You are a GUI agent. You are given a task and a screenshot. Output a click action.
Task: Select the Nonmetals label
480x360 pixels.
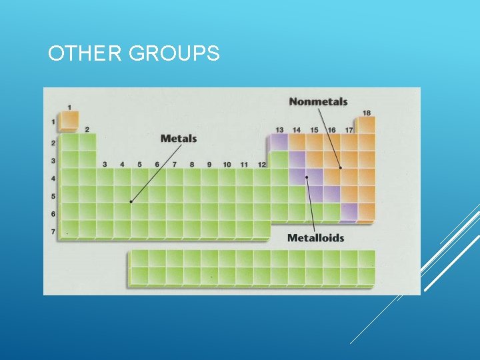pyautogui.click(x=318, y=102)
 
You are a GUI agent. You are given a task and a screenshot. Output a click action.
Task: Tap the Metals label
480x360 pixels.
pyautogui.click(x=179, y=139)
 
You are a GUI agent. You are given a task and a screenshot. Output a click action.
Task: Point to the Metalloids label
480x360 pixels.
pyautogui.click(x=315, y=238)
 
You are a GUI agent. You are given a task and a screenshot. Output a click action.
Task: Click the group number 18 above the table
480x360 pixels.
pyautogui.click(x=366, y=113)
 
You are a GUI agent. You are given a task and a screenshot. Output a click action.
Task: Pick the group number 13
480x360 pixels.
pyautogui.click(x=279, y=129)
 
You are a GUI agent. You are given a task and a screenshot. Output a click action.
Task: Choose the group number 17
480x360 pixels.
pyautogui.click(x=349, y=129)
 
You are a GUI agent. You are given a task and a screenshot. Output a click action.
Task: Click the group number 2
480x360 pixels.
pyautogui.click(x=87, y=129)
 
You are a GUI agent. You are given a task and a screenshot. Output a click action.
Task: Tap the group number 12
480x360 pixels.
pyautogui.click(x=261, y=165)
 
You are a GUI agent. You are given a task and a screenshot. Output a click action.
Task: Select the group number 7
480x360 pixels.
pyautogui.click(x=175, y=165)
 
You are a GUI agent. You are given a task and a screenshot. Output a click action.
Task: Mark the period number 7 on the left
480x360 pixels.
pyautogui.click(x=53, y=231)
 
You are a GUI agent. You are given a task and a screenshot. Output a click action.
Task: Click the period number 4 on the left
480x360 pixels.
pyautogui.click(x=53, y=179)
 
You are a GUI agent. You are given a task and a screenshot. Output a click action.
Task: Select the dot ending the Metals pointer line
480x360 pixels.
pyautogui.click(x=131, y=201)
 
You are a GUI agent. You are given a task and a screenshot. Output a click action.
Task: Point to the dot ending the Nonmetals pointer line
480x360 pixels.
pyautogui.click(x=341, y=168)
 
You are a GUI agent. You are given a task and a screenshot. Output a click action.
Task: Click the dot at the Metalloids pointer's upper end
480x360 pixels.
pyautogui.click(x=307, y=177)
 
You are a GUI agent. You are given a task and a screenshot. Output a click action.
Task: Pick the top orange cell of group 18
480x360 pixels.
pyautogui.click(x=366, y=125)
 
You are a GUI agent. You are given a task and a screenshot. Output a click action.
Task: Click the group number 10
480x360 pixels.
pyautogui.click(x=227, y=165)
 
